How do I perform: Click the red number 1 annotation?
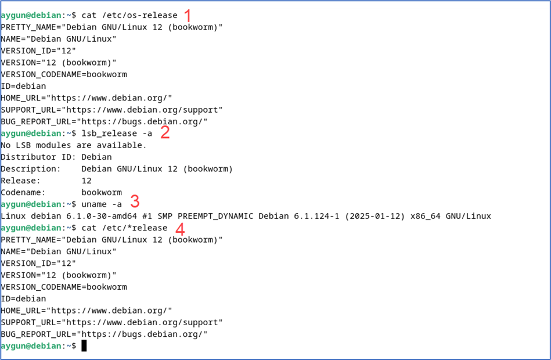point(187,15)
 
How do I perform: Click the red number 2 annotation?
point(165,132)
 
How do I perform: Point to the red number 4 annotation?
point(180,228)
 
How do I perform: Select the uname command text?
point(94,204)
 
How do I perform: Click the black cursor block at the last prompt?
point(84,346)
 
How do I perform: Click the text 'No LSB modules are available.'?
point(74,145)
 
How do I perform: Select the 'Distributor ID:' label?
point(36,157)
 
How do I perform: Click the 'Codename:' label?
point(23,192)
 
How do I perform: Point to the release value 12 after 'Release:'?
point(87,181)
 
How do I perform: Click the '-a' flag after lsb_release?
point(149,134)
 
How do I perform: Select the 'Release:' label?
point(21,181)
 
